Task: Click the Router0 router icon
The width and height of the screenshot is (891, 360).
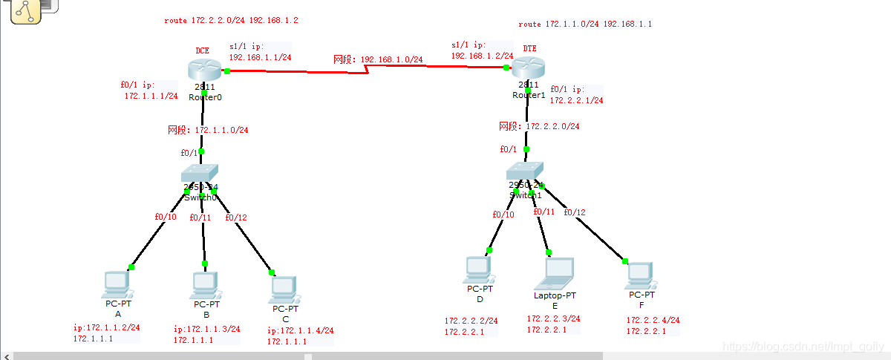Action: (205, 70)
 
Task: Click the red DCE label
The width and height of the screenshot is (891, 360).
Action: (202, 50)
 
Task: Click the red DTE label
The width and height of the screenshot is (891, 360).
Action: (529, 48)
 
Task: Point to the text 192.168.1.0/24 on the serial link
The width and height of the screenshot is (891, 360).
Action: (391, 59)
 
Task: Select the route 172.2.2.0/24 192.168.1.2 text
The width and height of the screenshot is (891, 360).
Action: (231, 21)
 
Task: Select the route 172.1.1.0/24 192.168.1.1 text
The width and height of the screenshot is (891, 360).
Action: (585, 24)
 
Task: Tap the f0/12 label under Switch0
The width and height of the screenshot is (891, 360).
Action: (235, 217)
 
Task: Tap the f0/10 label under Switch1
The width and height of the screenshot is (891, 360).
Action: (503, 215)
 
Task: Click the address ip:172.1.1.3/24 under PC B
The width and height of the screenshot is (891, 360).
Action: (207, 329)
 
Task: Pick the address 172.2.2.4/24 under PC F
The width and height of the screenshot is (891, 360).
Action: (653, 321)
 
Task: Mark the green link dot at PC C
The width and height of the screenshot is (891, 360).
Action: (272, 272)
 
